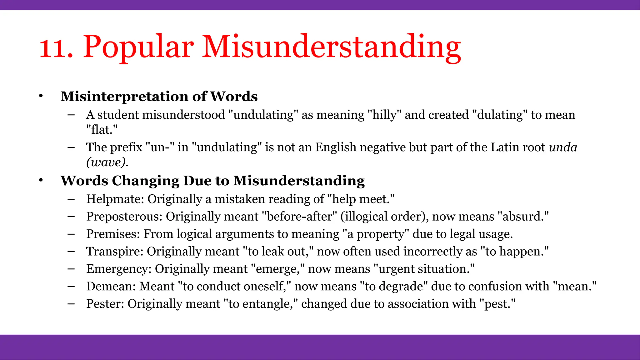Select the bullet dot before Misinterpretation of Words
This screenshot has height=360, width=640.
point(41,96)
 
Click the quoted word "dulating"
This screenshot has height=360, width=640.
point(499,115)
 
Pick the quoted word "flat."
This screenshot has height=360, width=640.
point(102,130)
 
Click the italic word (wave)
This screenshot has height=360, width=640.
point(107,162)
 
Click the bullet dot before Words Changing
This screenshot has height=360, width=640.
point(41,181)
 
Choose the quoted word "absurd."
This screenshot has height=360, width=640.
point(523,217)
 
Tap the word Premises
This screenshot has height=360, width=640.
point(113,234)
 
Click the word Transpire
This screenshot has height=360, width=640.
point(114,252)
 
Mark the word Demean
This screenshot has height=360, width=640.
point(111,287)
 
